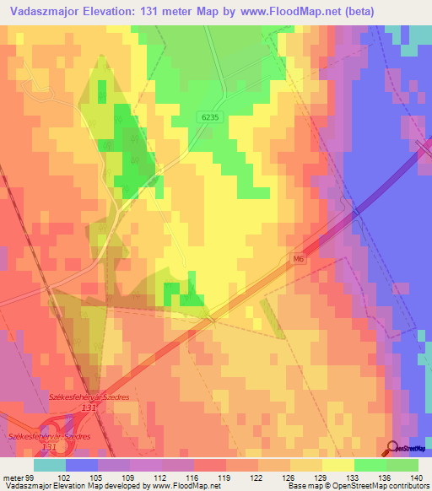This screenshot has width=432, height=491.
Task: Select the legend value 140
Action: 413,477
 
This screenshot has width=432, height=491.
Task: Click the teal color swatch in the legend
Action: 50,465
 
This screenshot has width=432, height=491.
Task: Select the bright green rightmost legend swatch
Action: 402,465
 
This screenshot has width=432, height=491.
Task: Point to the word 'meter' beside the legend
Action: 13,477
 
